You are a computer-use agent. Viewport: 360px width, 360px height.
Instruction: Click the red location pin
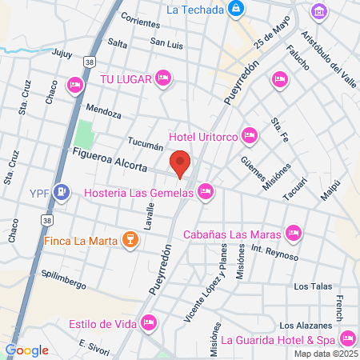tap(181, 162)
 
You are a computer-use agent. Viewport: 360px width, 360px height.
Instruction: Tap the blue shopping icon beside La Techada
tap(235, 10)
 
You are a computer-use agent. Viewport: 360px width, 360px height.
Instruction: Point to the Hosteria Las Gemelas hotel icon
tap(206, 191)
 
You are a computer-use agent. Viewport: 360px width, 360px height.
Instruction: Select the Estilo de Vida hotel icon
tap(148, 323)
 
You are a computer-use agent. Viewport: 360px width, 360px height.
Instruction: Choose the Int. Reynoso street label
tap(274, 253)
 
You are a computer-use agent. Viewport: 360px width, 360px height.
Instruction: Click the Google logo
tap(26, 350)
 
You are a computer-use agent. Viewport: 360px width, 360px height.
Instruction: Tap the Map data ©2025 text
tap(324, 354)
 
